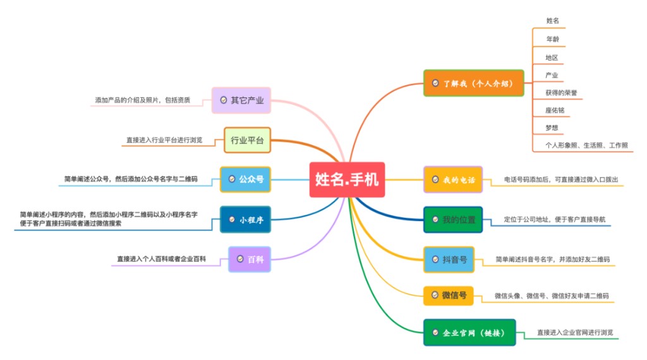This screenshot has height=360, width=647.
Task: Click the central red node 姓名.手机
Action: click(x=347, y=179)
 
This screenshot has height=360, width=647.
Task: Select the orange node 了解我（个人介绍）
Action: click(x=474, y=83)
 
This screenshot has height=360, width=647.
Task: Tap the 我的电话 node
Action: click(x=453, y=179)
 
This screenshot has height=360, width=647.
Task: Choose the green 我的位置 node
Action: click(x=453, y=219)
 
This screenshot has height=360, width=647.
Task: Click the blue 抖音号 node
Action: click(x=449, y=260)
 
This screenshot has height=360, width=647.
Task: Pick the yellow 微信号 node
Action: click(x=449, y=295)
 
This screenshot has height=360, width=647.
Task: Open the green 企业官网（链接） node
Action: click(x=469, y=332)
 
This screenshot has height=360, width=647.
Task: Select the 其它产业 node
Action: click(x=241, y=100)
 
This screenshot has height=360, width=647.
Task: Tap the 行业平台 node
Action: click(x=247, y=140)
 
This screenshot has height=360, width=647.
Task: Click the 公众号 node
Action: click(x=246, y=179)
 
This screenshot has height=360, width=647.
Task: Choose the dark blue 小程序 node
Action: click(x=246, y=219)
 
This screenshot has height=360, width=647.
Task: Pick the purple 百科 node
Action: click(x=250, y=260)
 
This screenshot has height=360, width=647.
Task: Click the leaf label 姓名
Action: click(x=552, y=21)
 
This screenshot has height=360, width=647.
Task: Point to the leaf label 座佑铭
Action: click(x=555, y=110)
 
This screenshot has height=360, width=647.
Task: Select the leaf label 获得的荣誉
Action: click(x=561, y=93)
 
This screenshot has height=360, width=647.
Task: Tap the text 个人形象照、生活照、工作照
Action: click(x=586, y=145)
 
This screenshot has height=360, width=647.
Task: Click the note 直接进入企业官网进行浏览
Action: click(x=575, y=332)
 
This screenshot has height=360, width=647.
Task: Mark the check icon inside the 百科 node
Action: click(x=240, y=259)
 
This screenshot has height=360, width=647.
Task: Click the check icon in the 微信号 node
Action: click(x=435, y=295)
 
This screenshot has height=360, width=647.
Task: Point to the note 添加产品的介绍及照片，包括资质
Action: click(x=143, y=100)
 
